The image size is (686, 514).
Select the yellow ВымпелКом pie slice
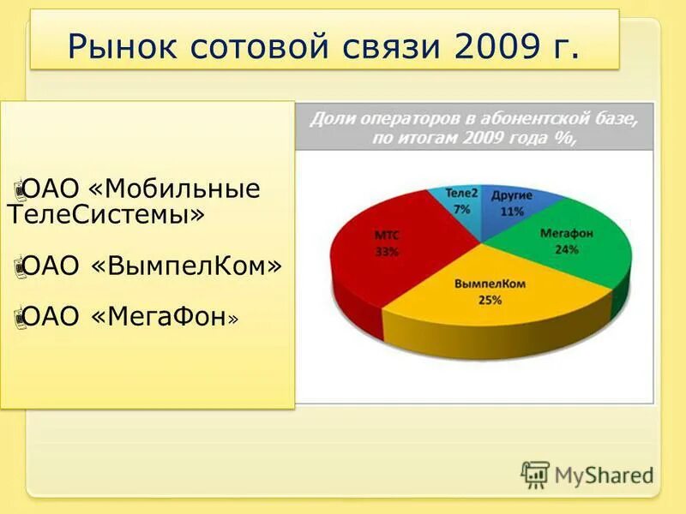480,300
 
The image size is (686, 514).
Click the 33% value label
386,252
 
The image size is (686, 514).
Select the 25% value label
490,300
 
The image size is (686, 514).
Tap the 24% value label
567,250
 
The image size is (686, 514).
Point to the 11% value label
513,212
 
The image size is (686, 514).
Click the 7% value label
462,209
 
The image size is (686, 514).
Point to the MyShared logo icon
534,474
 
